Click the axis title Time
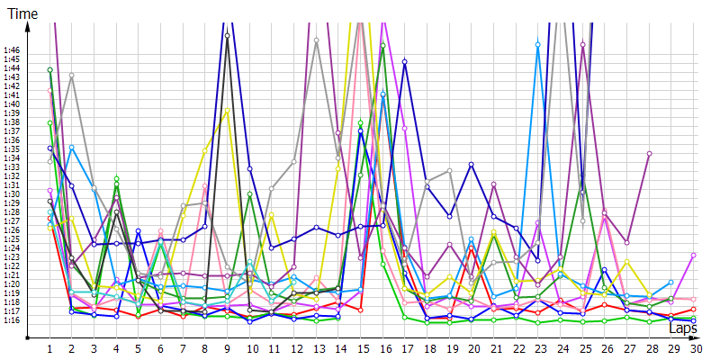pyautogui.click(x=22, y=13)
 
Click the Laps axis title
pyautogui.click(x=683, y=328)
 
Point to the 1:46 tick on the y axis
pyautogui.click(x=12, y=50)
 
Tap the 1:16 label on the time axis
pyautogui.click(x=12, y=320)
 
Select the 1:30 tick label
pyautogui.click(x=12, y=194)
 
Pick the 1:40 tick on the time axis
pyautogui.click(x=12, y=104)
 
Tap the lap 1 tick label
pyautogui.click(x=50, y=348)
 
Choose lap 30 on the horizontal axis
pyautogui.click(x=694, y=348)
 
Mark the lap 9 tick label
pyautogui.click(x=227, y=348)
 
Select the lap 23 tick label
pyautogui.click(x=538, y=348)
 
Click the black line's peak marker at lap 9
pyautogui.click(x=227, y=36)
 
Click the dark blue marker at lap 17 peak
pyautogui.click(x=405, y=61)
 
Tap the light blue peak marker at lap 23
pyautogui.click(x=538, y=44)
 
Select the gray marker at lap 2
pyautogui.click(x=72, y=76)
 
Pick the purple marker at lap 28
pyautogui.click(x=650, y=154)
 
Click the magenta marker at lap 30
pyautogui.click(x=694, y=255)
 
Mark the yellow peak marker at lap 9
pyautogui.click(x=229, y=111)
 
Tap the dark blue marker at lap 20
pyautogui.click(x=472, y=165)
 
